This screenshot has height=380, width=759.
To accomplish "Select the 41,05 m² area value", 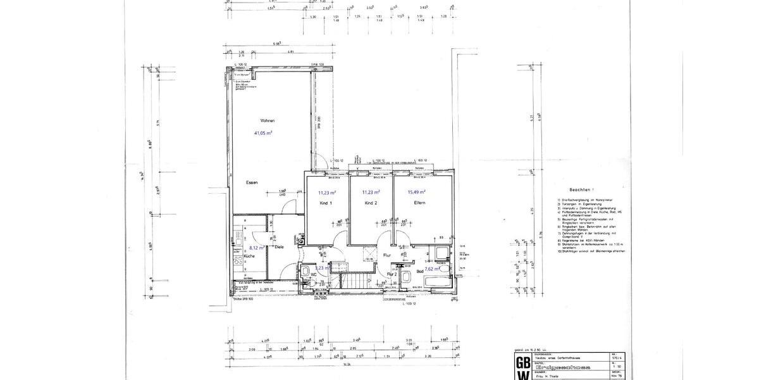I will coord(263,134).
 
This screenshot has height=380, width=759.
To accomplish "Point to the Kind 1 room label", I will coord(326,203).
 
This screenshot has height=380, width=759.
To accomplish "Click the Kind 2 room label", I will coord(371,203).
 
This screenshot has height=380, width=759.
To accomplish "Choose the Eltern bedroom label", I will coord(416,203).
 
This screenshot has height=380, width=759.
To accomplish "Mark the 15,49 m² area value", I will coord(416,192).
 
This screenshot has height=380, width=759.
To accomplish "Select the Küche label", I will coord(249,256).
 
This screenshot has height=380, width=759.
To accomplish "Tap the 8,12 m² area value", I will coord(256,248).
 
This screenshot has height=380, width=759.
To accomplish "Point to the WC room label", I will coord(312,274).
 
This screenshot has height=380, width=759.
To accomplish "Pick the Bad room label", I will coord(419,271).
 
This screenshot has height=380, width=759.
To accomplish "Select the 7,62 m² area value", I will coord(433,269).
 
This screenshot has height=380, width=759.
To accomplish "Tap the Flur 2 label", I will coord(392,274).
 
